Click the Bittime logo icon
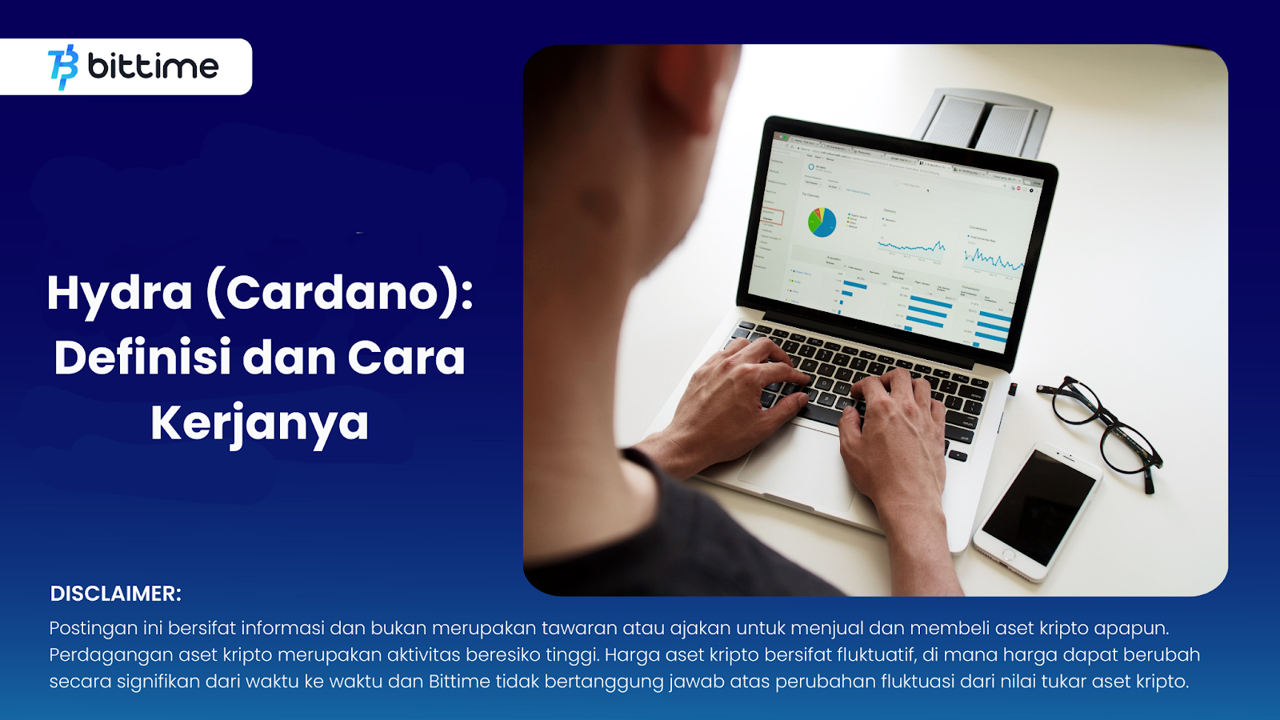[x=63, y=66]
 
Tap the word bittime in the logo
[x=153, y=66]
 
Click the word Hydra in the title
[x=119, y=293]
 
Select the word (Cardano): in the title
[x=340, y=293]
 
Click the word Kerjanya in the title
[x=259, y=423]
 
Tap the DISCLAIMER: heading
[x=116, y=594]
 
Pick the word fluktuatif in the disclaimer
[x=876, y=655]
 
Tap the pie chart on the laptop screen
[x=822, y=222]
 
